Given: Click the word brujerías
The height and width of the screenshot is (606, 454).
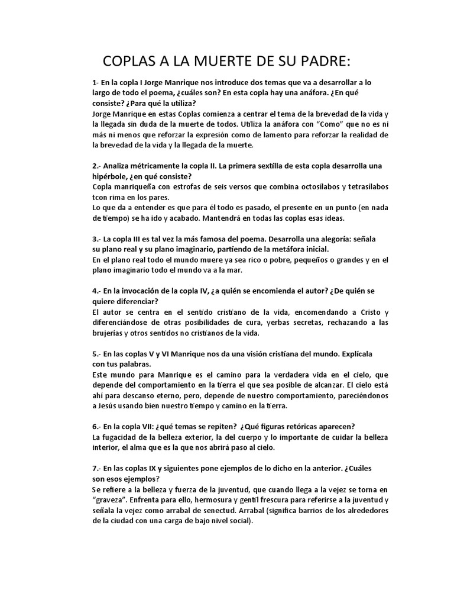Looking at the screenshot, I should click(x=112, y=333).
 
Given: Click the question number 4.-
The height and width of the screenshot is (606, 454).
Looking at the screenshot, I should click(x=97, y=291).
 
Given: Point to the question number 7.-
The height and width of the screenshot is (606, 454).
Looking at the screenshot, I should click(x=97, y=468).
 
